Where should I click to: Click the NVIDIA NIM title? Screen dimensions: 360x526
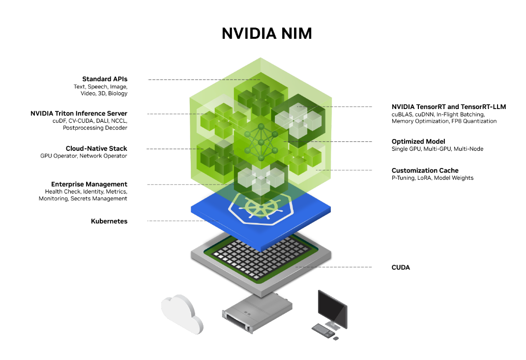(266, 33)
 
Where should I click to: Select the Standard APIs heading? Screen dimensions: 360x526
(105, 79)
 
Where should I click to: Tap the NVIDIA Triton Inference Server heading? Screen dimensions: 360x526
(79, 113)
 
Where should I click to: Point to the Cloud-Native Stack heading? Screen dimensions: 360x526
(96, 148)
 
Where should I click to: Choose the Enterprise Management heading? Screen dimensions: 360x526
(89, 184)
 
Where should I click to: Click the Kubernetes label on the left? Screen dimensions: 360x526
(109, 221)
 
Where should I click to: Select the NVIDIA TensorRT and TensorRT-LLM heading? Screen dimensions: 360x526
(448, 107)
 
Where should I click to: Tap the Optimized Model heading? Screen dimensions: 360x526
(418, 141)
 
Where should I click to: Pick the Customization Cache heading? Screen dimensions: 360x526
(425, 170)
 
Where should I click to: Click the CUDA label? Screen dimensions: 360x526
(401, 267)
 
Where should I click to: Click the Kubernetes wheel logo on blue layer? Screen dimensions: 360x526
(260, 209)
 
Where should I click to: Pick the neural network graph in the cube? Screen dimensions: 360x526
(261, 142)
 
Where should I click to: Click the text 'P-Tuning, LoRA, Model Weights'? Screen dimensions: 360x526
(432, 178)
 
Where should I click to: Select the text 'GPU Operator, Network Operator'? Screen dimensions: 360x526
(84, 156)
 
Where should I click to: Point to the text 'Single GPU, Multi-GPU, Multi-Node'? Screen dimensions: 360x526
(437, 149)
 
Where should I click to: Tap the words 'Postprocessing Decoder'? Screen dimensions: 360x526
(95, 128)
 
